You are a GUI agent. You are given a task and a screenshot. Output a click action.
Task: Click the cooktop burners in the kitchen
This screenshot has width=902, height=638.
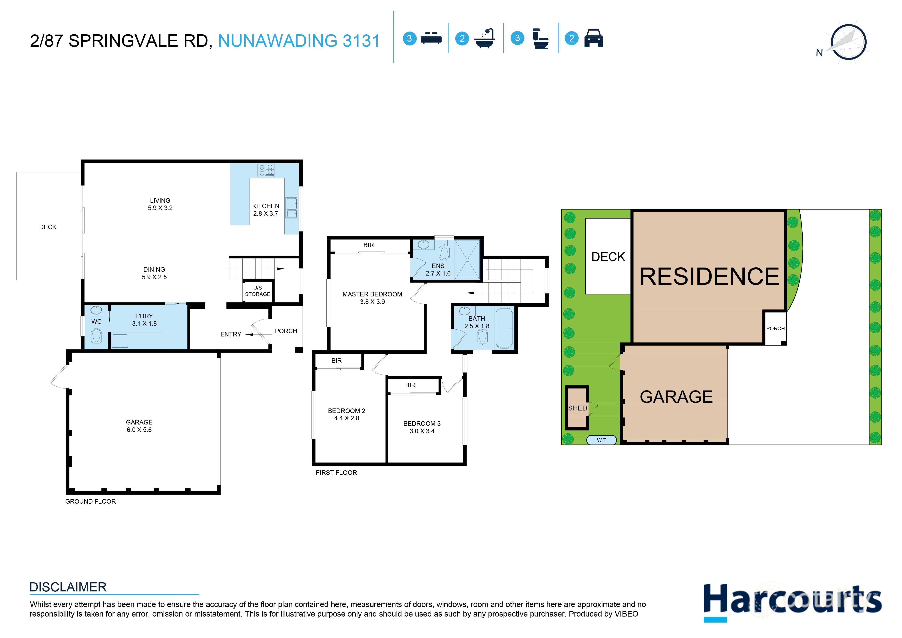coord(266,170)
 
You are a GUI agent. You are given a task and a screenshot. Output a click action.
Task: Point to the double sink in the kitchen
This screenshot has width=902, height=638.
coord(292,208)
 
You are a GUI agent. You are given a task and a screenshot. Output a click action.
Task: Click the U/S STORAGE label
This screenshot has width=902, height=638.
coord(258,291)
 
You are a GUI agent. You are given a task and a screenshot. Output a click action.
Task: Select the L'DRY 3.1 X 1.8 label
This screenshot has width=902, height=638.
coord(144,320)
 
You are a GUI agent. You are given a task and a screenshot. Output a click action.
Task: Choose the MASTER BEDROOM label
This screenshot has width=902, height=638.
coord(372,298)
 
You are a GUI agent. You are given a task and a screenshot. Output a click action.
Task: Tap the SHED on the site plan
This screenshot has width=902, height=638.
coord(577,408)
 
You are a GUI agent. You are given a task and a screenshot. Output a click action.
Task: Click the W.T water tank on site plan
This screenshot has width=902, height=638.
coord(601,440)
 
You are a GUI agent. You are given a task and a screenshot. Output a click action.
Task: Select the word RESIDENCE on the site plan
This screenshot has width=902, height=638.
coord(709,276)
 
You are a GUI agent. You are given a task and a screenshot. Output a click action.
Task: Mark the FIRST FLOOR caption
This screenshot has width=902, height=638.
coord(336,472)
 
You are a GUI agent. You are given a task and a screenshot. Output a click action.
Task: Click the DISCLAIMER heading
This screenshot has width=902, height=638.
coord(68,587)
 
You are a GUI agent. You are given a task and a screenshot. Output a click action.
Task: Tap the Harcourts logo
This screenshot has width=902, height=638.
coord(792,600)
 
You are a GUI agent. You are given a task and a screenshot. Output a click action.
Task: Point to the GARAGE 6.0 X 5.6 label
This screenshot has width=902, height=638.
coord(139,426)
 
